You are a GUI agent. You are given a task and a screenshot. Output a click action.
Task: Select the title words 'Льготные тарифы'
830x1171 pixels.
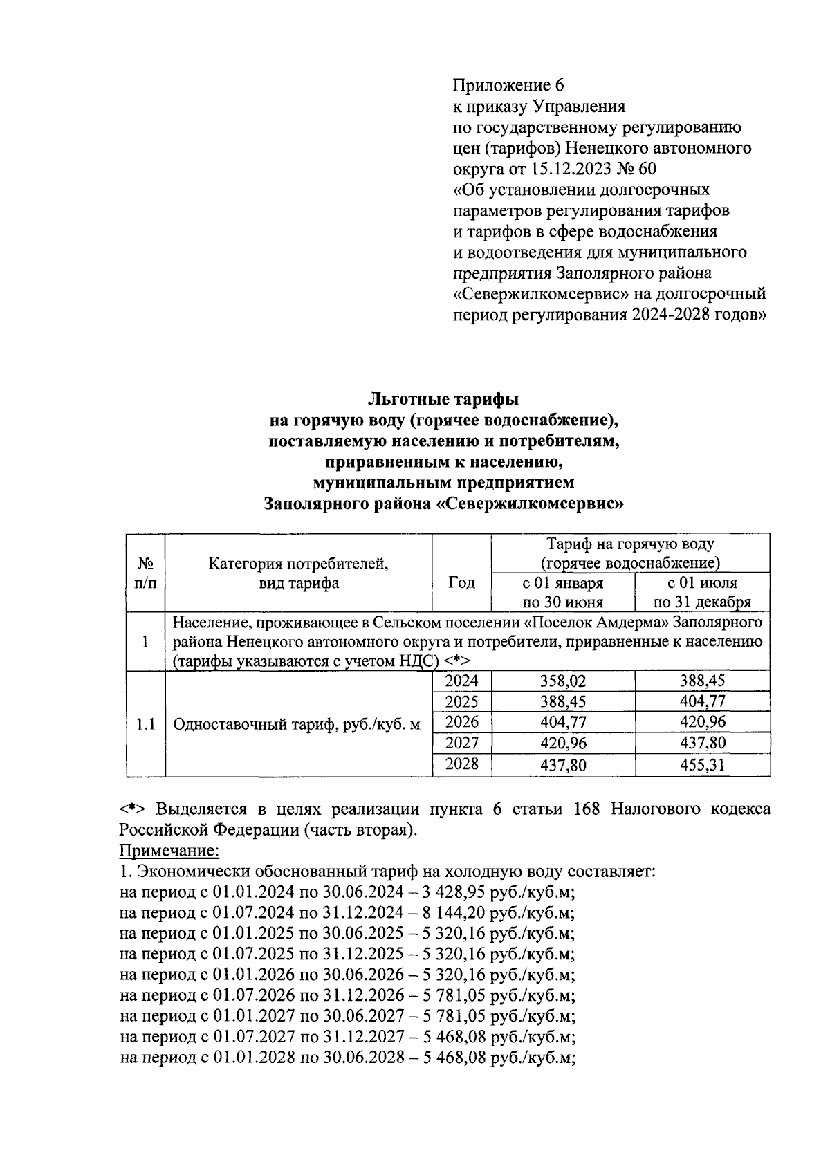(443, 399)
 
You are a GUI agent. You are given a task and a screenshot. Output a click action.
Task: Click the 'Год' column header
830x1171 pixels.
(461, 582)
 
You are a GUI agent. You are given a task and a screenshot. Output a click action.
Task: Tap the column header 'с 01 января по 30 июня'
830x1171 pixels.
(562, 592)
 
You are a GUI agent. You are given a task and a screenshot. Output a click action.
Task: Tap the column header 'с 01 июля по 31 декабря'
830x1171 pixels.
(702, 592)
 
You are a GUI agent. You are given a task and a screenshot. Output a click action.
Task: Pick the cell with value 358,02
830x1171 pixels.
(562, 681)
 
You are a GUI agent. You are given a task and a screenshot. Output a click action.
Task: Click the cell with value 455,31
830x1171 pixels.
(702, 765)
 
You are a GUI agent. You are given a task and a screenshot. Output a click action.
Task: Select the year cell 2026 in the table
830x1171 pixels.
(461, 723)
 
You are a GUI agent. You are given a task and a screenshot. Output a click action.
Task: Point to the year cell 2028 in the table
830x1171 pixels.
(461, 764)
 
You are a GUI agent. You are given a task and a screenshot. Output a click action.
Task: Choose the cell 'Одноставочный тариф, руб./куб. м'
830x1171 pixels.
(297, 725)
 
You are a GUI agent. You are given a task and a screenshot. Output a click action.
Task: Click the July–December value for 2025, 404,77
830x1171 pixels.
(702, 702)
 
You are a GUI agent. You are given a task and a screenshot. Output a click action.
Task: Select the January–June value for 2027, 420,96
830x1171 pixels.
(562, 744)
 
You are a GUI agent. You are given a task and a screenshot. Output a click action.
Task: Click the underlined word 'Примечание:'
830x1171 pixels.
(169, 850)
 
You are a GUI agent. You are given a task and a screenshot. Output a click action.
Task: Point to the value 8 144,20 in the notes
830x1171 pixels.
(454, 912)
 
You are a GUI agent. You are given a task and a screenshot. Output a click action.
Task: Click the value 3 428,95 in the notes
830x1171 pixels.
(454, 892)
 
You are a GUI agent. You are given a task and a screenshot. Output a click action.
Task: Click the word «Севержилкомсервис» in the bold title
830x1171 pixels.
(531, 504)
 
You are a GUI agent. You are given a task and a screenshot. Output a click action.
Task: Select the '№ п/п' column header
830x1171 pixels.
(145, 573)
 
